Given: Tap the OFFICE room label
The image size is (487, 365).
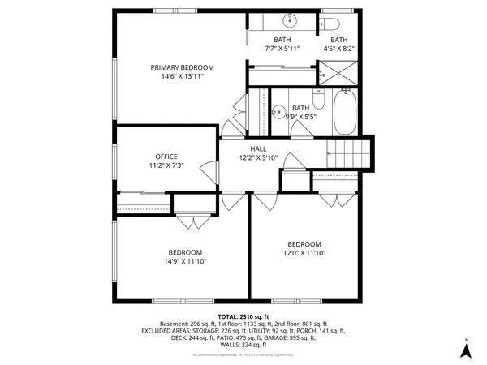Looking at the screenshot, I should [x=166, y=157].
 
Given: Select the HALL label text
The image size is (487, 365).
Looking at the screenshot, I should [x=258, y=148].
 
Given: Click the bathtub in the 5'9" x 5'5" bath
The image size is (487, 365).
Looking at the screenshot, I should [x=343, y=114].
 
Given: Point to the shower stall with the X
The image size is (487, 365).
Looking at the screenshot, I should [x=337, y=72].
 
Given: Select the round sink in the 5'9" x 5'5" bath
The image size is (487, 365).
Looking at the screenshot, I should [x=278, y=112].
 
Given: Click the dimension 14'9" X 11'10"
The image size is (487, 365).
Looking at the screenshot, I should [x=185, y=261].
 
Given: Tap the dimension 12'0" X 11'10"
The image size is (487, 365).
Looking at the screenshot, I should [x=304, y=253].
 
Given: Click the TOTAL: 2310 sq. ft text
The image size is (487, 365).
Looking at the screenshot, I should [x=243, y=316].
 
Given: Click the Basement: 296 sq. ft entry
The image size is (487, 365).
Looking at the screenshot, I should [x=188, y=323].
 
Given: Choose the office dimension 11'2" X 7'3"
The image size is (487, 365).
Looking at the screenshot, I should [x=166, y=165].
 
